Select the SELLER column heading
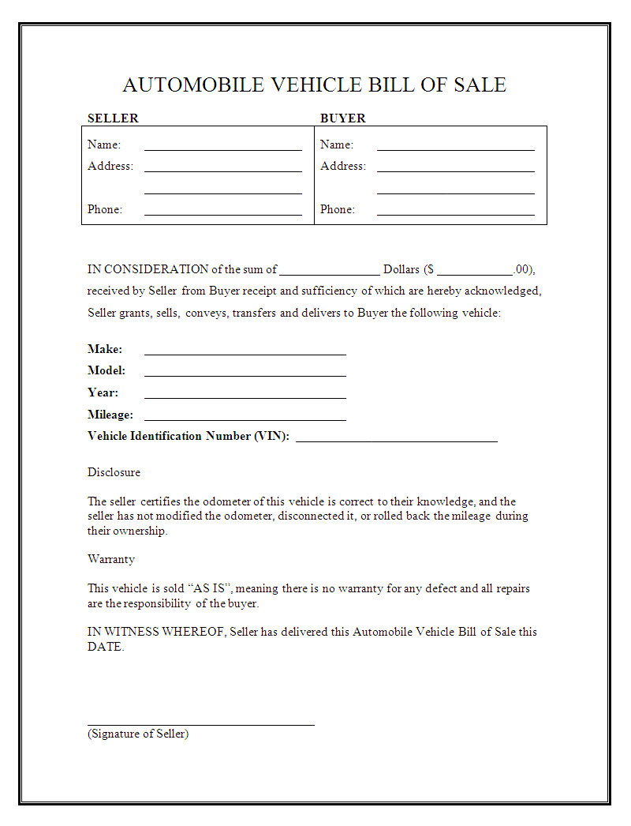click(x=113, y=118)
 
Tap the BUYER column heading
click(x=342, y=118)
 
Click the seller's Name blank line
click(x=222, y=148)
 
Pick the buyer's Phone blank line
click(x=455, y=213)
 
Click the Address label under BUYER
click(x=342, y=167)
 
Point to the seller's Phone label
click(x=105, y=210)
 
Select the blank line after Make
click(x=245, y=354)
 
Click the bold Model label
click(x=106, y=370)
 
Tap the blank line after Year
click(x=245, y=397)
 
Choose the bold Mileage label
click(x=110, y=415)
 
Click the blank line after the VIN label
click(x=396, y=441)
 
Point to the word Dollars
click(x=401, y=269)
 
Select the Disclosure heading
click(x=114, y=472)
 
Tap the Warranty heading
click(x=111, y=559)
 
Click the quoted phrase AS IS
click(x=210, y=588)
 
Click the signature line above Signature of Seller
click(x=200, y=723)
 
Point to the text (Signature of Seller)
click(x=138, y=734)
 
